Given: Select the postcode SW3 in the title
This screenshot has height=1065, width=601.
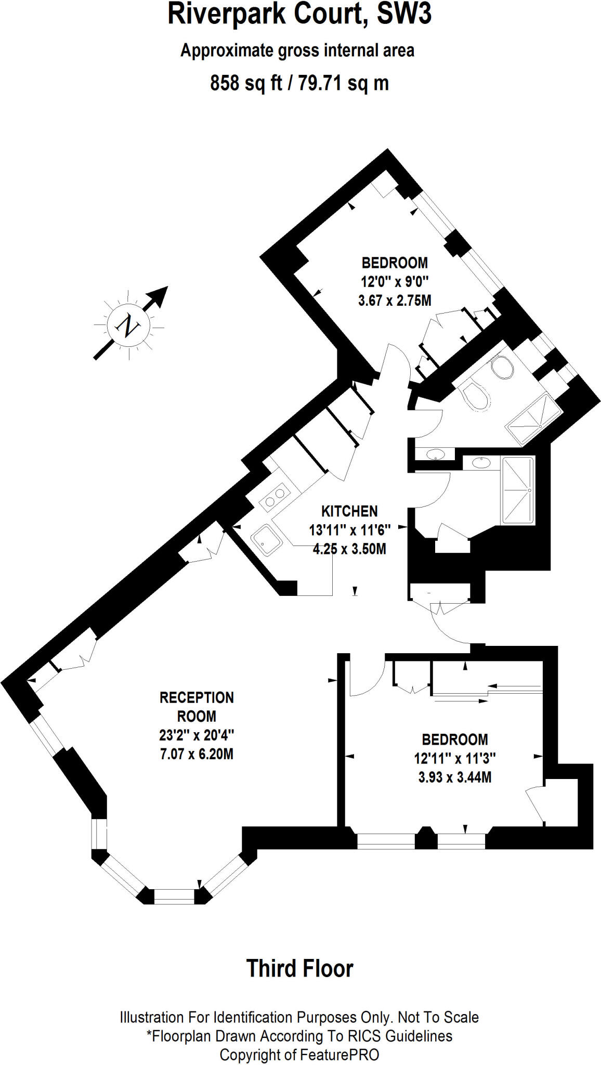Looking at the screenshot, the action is click(404, 15).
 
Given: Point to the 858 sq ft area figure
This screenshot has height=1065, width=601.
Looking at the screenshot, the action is click(245, 83).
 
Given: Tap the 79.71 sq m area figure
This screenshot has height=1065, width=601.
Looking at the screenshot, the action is click(343, 83).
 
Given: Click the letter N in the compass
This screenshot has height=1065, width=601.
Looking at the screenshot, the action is click(128, 326).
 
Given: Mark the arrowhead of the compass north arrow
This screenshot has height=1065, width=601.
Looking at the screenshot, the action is click(160, 294).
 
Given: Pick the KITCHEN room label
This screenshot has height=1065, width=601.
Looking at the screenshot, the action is click(349, 511).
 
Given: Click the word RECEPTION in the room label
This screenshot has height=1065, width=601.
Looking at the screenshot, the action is click(197, 697).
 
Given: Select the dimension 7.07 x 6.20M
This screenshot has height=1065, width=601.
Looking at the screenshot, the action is click(197, 754).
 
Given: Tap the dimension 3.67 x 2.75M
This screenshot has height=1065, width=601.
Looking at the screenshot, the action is click(395, 301).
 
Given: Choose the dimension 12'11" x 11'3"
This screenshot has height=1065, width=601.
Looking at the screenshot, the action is click(454, 758).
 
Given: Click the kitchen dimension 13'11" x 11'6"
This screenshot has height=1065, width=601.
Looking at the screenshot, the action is click(349, 530).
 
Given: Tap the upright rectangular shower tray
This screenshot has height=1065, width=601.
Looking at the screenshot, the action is click(518, 490).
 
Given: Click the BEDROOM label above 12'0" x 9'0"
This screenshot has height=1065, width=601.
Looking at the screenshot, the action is click(395, 263).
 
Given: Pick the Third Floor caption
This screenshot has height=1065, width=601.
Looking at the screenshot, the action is click(300, 969).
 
